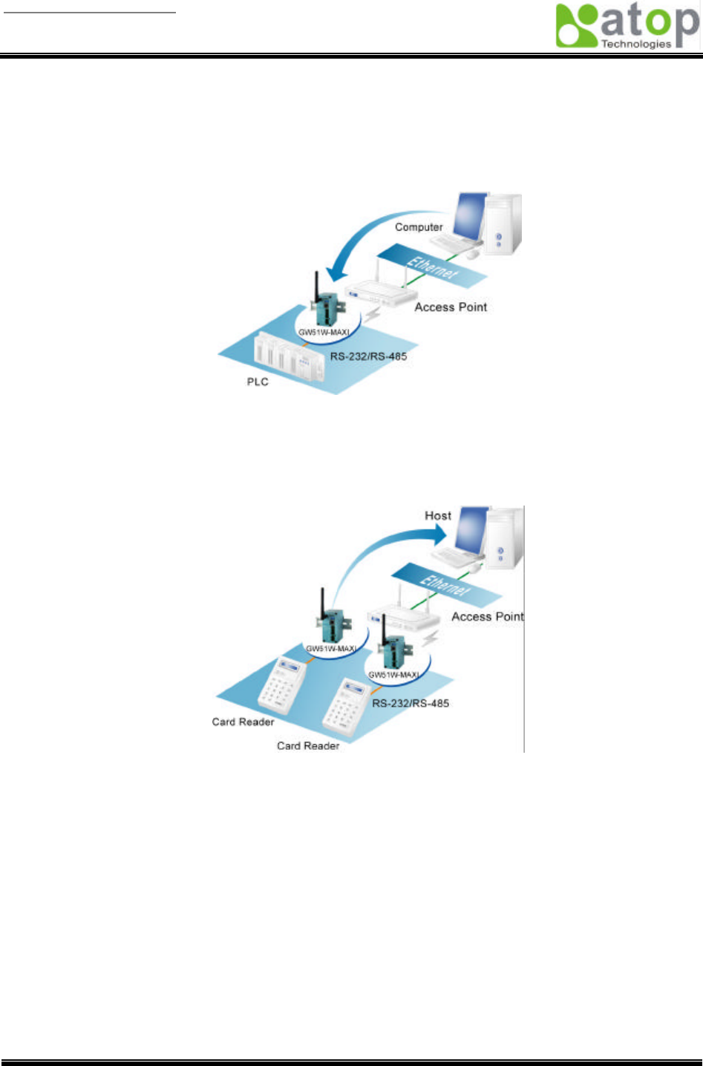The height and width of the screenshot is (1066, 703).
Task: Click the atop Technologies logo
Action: pyautogui.click(x=627, y=26)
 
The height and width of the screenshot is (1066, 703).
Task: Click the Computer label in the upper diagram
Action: pyautogui.click(x=419, y=227)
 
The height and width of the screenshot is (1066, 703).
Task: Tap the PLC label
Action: pyautogui.click(x=258, y=382)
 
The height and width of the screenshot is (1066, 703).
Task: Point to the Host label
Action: pyautogui.click(x=437, y=515)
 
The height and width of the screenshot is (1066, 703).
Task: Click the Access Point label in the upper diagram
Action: pyautogui.click(x=451, y=307)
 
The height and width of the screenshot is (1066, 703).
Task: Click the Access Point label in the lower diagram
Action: pyautogui.click(x=487, y=616)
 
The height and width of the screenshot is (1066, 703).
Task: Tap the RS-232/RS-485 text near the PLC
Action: pyautogui.click(x=368, y=356)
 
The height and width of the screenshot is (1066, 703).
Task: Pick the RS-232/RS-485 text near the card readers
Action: pyautogui.click(x=411, y=703)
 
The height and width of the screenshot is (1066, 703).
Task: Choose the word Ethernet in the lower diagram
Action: pyautogui.click(x=445, y=583)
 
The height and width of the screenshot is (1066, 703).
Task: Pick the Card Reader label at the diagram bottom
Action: pyautogui.click(x=308, y=745)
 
